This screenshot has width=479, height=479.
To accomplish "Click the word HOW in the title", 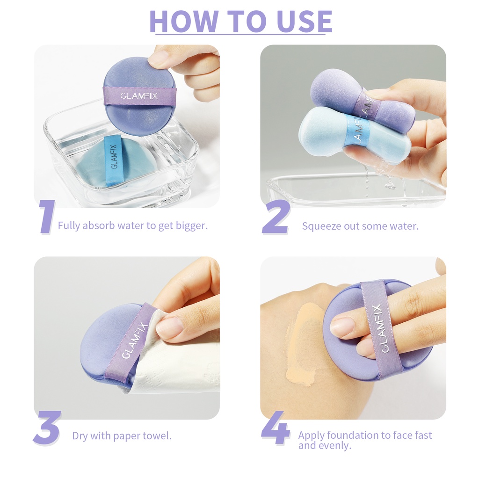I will [x=184, y=21].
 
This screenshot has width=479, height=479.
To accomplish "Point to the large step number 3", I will [x=47, y=428].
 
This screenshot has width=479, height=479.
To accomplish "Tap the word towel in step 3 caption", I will [x=157, y=436].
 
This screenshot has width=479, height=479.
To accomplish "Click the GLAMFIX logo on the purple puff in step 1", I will [x=139, y=96].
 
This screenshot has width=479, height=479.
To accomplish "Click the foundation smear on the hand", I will [x=304, y=346].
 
